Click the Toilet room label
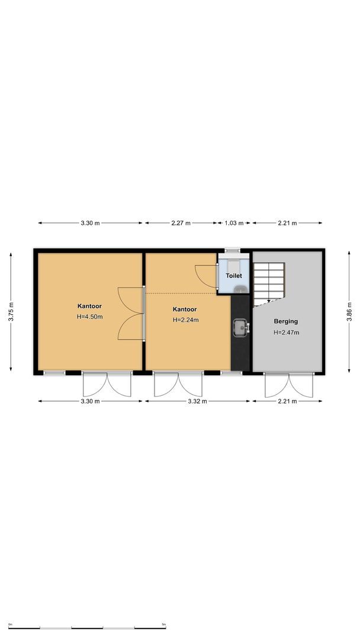[x=234, y=276]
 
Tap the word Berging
[x=285, y=321]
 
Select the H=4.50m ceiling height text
[x=89, y=317]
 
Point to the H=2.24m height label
[x=185, y=320]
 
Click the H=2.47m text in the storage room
[x=286, y=333]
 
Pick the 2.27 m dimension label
[x=181, y=223]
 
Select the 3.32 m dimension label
[x=197, y=401]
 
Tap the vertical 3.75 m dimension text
[x=11, y=311]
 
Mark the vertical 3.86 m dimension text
[x=349, y=311]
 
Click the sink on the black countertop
[x=240, y=327]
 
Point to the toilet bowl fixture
[x=240, y=289]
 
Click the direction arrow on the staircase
[x=269, y=300]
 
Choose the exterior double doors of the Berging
[x=288, y=385]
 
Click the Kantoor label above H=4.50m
[x=89, y=306]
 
